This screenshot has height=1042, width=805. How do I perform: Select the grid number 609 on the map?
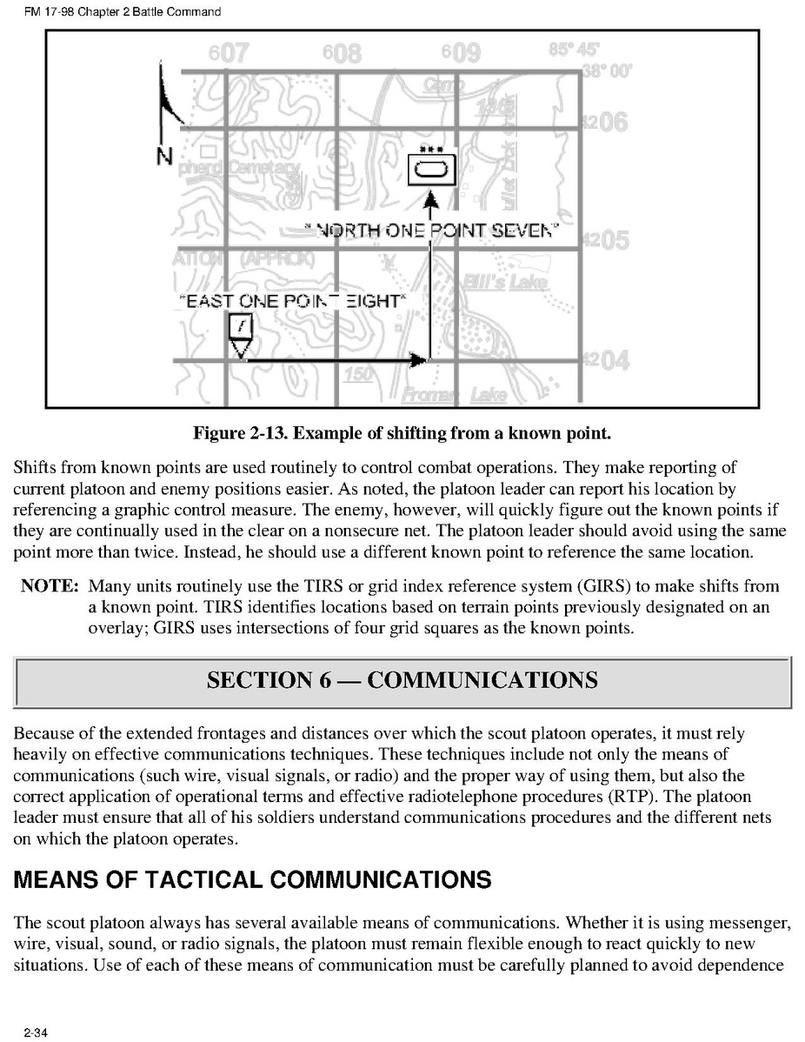click(460, 54)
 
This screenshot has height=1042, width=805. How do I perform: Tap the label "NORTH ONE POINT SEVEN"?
click(430, 230)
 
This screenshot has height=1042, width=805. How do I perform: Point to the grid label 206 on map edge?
click(606, 123)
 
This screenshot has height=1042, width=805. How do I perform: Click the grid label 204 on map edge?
click(606, 359)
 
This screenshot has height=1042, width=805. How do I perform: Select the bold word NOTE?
click(50, 586)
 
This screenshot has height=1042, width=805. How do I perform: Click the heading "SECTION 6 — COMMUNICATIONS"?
click(402, 679)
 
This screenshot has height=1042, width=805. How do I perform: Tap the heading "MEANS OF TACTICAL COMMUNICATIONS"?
click(253, 880)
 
